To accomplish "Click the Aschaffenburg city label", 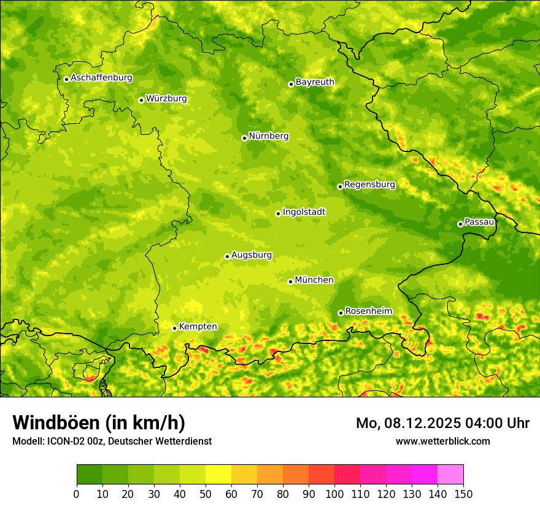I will [101, 78].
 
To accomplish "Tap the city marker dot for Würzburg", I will [141, 100].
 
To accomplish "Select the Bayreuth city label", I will [315, 82].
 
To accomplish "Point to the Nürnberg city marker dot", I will [244, 138].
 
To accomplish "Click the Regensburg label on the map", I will [369, 185].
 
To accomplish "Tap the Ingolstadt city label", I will [304, 212].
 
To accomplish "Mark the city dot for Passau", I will [460, 224].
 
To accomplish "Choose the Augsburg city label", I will [252, 255].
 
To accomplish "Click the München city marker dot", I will [290, 281].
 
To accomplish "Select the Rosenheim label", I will [368, 312].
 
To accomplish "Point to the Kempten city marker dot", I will [174, 328].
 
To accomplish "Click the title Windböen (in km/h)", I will [99, 423].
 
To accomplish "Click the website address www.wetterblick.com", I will [442, 441].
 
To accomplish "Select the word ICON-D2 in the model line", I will [65, 441].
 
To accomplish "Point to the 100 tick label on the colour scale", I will [334, 494].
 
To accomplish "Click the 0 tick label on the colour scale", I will [77, 494].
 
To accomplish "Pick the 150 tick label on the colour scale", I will [463, 494].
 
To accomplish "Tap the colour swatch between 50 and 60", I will [218, 475].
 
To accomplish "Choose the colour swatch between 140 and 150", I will [450, 475].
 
